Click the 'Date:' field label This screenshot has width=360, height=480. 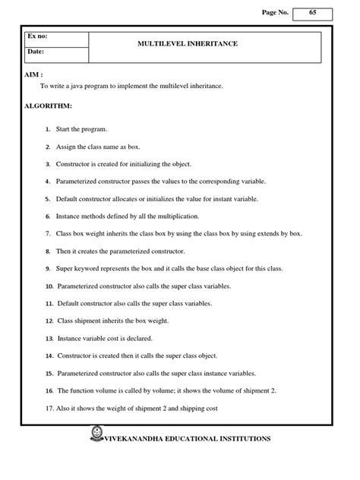[36, 52]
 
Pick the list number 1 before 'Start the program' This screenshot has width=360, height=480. [47, 131]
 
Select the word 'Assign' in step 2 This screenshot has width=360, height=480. [67, 147]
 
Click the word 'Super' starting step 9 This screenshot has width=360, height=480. [65, 268]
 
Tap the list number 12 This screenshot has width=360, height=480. [49, 321]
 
